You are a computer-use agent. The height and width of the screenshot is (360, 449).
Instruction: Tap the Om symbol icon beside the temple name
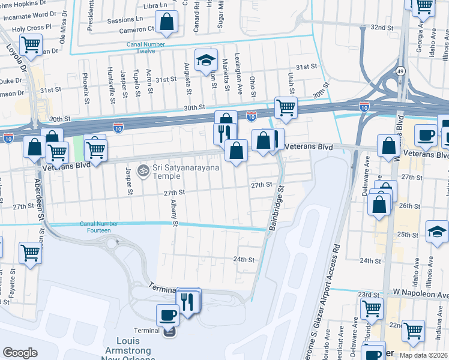pos(143,172)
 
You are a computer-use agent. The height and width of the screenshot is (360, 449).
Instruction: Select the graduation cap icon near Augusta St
pos(206,60)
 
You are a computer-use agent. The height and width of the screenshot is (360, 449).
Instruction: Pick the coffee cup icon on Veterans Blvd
pos(426,134)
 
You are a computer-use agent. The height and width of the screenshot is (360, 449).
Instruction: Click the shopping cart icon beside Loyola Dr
pos(31,44)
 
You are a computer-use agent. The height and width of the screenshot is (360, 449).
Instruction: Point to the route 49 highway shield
pos(400,71)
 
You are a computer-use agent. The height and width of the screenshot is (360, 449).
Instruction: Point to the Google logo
pos(20,352)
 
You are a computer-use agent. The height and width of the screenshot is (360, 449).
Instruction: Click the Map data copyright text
pos(423,355)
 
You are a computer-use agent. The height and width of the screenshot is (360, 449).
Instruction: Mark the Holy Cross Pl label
pos(31,28)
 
